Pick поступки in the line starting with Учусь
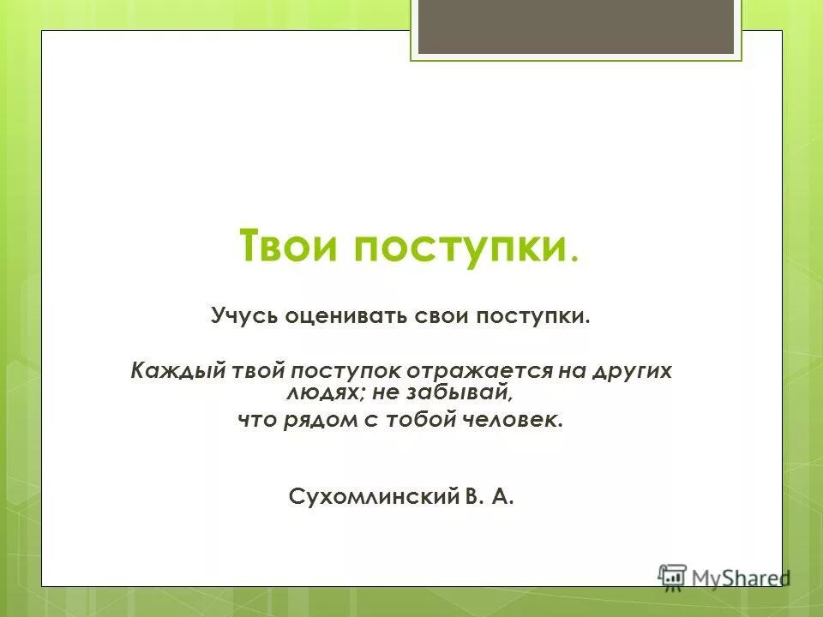533,316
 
